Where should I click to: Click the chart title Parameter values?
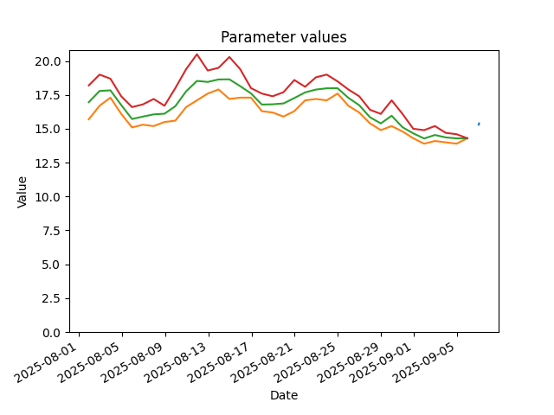pyautogui.click(x=284, y=37)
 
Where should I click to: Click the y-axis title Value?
pyautogui.click(x=22, y=192)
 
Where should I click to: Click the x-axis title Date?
pyautogui.click(x=284, y=395)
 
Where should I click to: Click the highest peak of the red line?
pyautogui.click(x=197, y=54)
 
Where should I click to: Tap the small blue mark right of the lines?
pyautogui.click(x=479, y=124)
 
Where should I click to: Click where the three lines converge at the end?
pyautogui.click(x=467, y=138)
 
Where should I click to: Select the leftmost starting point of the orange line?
pyautogui.click(x=88, y=119)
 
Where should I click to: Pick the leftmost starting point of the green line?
pyautogui.click(x=88, y=103)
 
